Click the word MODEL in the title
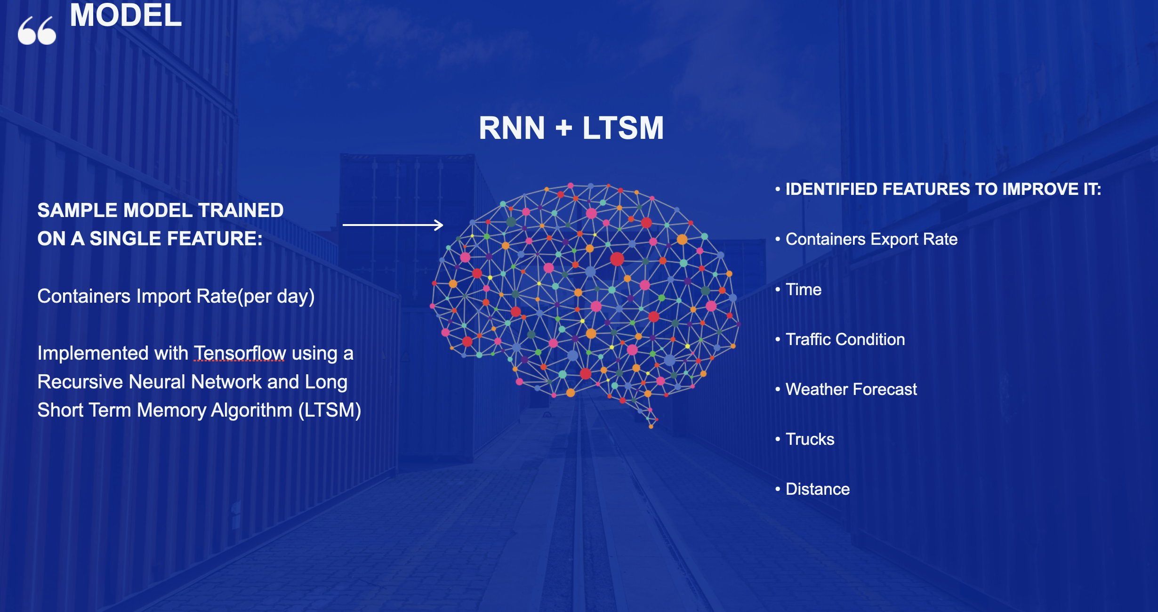(126, 16)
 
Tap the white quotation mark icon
(37, 31)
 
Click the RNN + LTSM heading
(571, 128)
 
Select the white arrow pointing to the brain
(393, 225)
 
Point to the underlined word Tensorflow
(240, 353)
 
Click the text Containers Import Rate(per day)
(176, 297)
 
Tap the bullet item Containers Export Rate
(871, 239)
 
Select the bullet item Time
(804, 290)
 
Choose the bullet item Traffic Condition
(845, 339)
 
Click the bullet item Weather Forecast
(851, 389)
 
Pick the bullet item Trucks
(810, 439)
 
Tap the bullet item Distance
(818, 489)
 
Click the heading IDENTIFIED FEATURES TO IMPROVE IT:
(943, 189)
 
